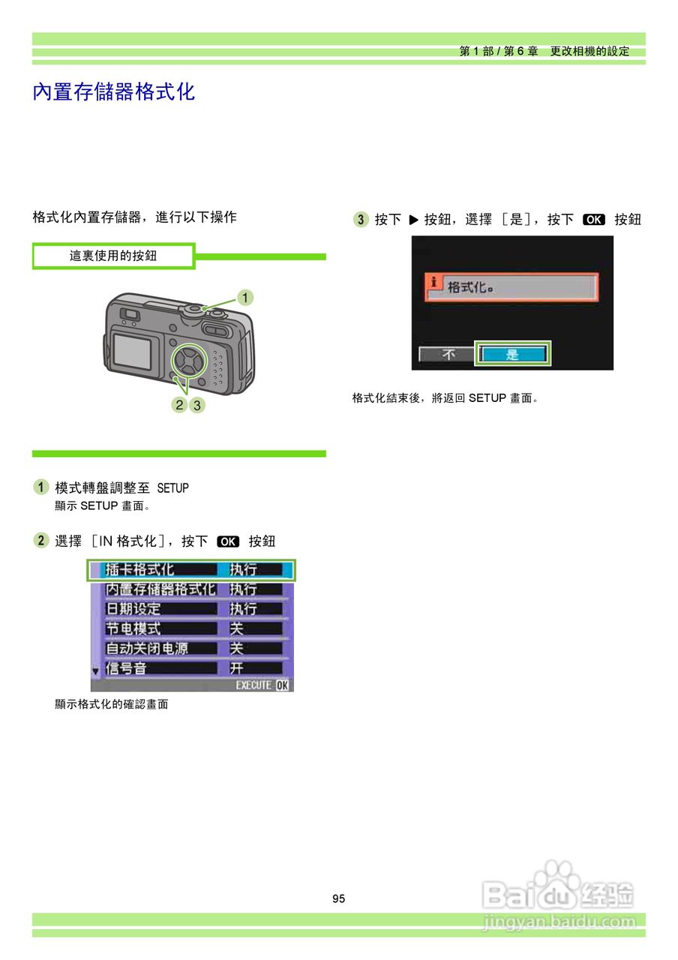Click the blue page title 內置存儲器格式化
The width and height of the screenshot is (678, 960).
(x=114, y=92)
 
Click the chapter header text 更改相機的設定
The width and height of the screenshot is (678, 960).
(x=589, y=52)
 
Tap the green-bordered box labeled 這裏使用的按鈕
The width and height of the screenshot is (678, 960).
(x=113, y=256)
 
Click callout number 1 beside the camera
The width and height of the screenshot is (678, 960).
(x=244, y=298)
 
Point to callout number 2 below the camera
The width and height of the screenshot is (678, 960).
(x=179, y=405)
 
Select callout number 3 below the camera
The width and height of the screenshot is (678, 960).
(x=196, y=405)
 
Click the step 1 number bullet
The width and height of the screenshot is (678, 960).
(x=41, y=487)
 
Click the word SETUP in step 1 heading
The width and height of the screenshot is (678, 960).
(x=172, y=488)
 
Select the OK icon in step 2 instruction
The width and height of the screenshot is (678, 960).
(x=227, y=541)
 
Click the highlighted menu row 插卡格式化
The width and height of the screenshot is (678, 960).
(x=191, y=570)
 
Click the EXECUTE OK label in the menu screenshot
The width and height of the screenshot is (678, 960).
(x=261, y=685)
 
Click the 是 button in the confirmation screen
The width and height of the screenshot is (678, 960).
(x=512, y=355)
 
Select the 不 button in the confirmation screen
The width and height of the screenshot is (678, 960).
(x=448, y=355)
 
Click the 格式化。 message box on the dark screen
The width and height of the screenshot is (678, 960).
(x=512, y=287)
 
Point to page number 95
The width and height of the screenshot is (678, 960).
(x=339, y=898)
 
